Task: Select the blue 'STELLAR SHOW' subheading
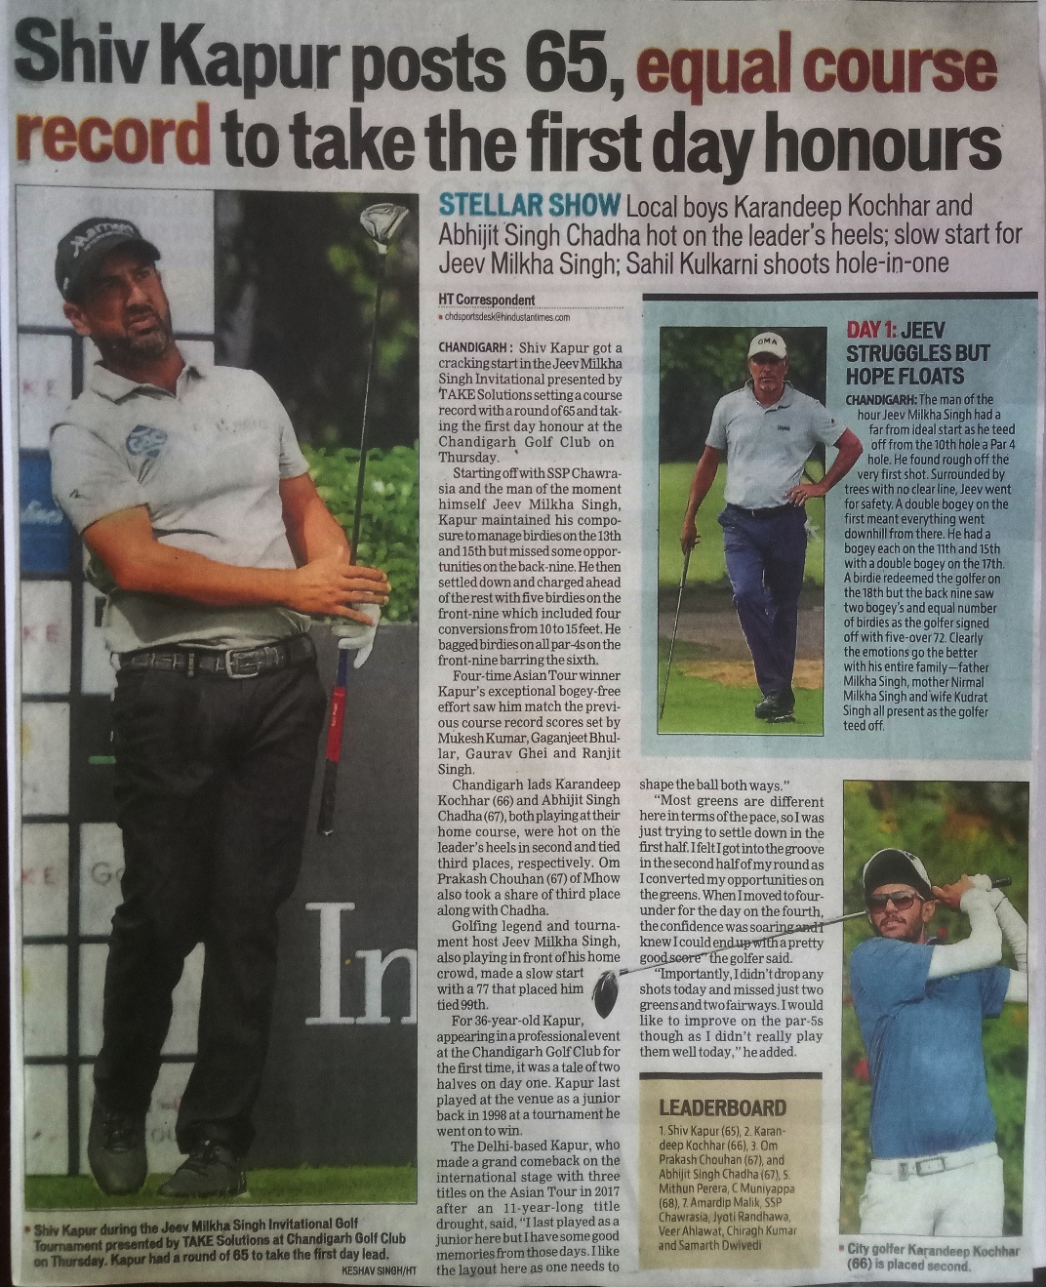(530, 206)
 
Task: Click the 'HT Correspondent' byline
(487, 300)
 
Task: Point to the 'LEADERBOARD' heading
(723, 1106)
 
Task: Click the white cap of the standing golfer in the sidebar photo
(767, 344)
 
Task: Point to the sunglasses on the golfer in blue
(895, 900)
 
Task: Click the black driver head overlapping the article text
(607, 994)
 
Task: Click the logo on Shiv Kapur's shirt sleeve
(145, 440)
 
